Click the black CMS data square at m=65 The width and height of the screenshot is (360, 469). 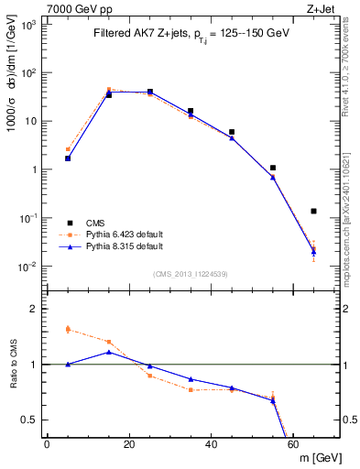click(x=314, y=211)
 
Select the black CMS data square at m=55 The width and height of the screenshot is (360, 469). click(x=273, y=168)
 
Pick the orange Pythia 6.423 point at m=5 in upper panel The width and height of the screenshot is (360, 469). click(x=68, y=149)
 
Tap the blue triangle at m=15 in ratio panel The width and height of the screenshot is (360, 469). click(x=109, y=352)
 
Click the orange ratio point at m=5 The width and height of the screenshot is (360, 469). click(x=68, y=329)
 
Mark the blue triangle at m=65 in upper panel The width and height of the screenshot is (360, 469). click(x=314, y=251)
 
